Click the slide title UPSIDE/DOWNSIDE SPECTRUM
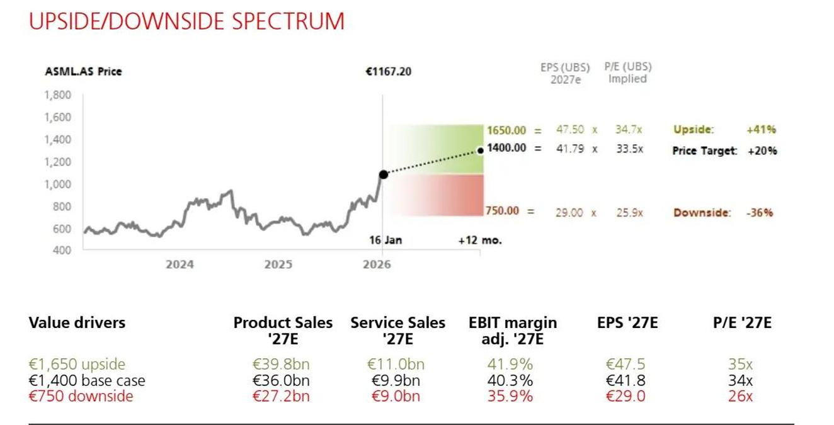186,21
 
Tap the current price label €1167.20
388,72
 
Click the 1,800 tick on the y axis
58,95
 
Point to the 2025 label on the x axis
278,264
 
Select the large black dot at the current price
383,174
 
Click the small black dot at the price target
481,150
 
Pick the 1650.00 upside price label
506,130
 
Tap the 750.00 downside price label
503,211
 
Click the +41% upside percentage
761,130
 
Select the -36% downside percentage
760,213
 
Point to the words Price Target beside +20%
704,151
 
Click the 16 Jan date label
385,241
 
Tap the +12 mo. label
480,241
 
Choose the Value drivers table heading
77,323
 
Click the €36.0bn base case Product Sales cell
281,381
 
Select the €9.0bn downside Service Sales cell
396,396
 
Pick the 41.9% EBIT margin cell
510,365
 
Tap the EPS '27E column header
627,323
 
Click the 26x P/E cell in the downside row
740,396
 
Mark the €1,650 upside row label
77,365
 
